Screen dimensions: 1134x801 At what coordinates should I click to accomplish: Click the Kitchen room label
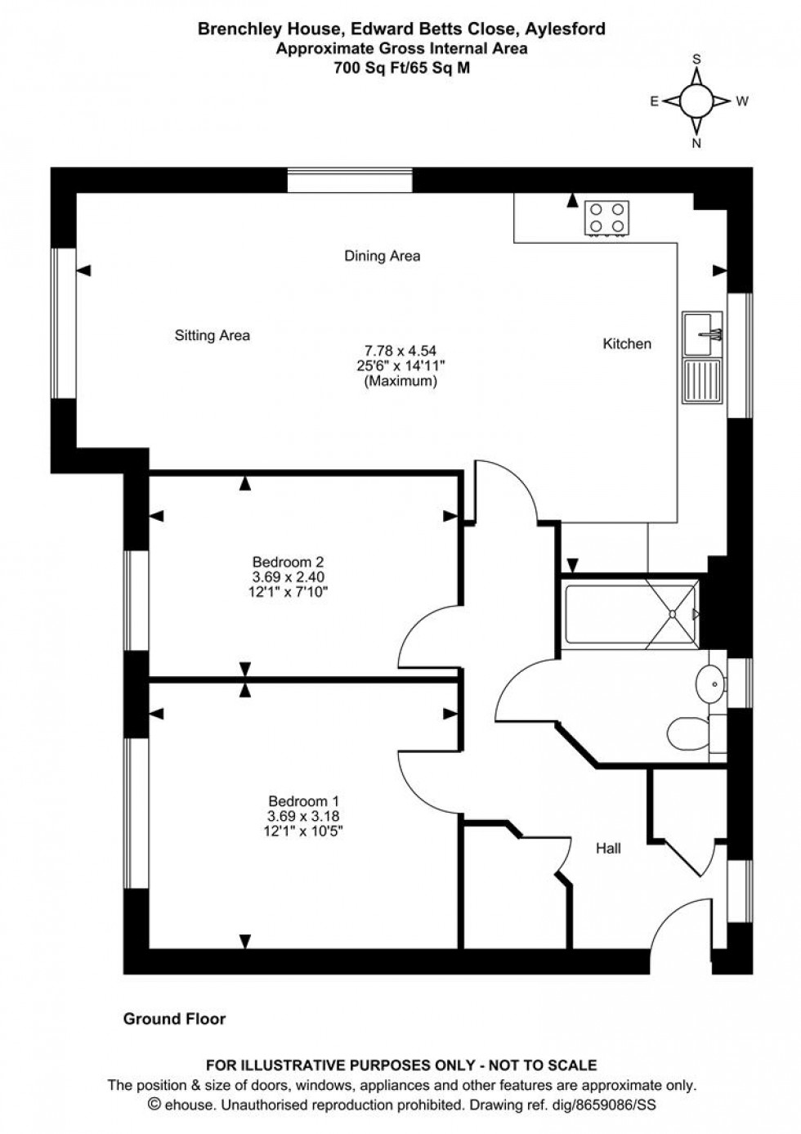pyautogui.click(x=627, y=344)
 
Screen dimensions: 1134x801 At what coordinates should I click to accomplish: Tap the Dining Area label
pyautogui.click(x=382, y=256)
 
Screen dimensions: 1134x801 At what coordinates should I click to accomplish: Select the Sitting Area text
pyautogui.click(x=212, y=335)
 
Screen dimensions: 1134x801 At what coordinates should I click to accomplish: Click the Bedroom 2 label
pyautogui.click(x=288, y=562)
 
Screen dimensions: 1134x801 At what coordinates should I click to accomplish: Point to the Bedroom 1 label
pyautogui.click(x=303, y=801)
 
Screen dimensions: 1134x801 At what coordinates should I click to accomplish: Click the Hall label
pyautogui.click(x=608, y=849)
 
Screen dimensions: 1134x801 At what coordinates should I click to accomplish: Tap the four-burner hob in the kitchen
pyautogui.click(x=606, y=217)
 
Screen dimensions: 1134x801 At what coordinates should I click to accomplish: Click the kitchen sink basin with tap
pyautogui.click(x=702, y=331)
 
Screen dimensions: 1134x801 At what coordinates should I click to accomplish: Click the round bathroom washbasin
pyautogui.click(x=709, y=680)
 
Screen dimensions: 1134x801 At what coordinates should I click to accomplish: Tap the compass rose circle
pyautogui.click(x=696, y=101)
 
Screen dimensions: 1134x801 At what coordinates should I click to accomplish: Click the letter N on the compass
pyautogui.click(x=696, y=143)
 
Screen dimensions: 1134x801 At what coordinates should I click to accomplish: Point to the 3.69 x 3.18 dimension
pyautogui.click(x=303, y=816)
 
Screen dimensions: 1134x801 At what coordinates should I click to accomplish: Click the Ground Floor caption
pyautogui.click(x=174, y=1019)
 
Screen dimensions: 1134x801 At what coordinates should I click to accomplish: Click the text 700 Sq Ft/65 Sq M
pyautogui.click(x=401, y=69)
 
